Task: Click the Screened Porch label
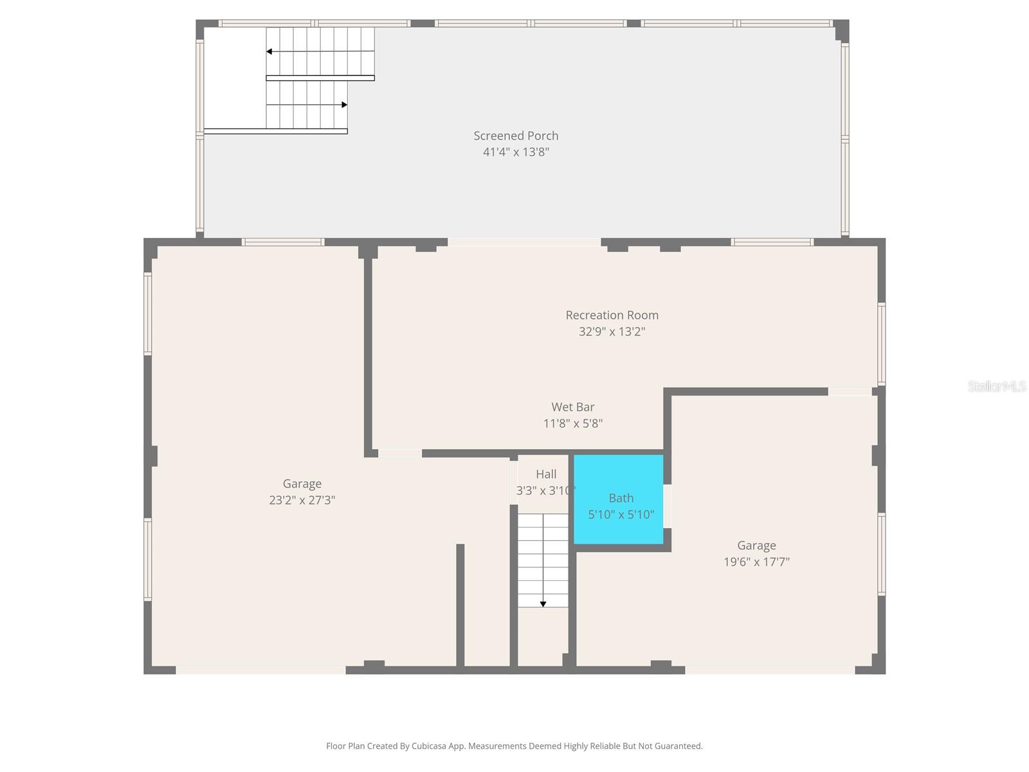coord(516,136)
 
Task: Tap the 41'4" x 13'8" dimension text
coord(516,152)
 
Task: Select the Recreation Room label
coord(612,315)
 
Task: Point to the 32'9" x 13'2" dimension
coord(612,332)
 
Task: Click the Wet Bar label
coord(572,407)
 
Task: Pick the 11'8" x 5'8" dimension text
coord(572,423)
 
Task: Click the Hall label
coord(546,474)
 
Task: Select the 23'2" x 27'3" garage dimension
coord(302,501)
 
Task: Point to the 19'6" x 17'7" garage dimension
coord(756,562)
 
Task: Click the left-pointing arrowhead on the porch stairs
coord(269,51)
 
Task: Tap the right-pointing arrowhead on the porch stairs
coord(345,105)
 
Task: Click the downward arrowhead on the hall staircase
coord(543,604)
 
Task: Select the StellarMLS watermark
coord(997,386)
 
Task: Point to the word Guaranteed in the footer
coord(678,746)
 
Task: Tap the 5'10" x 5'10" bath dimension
coord(621,515)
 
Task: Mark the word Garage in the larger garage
coord(302,484)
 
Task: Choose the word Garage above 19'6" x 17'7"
coord(756,546)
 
